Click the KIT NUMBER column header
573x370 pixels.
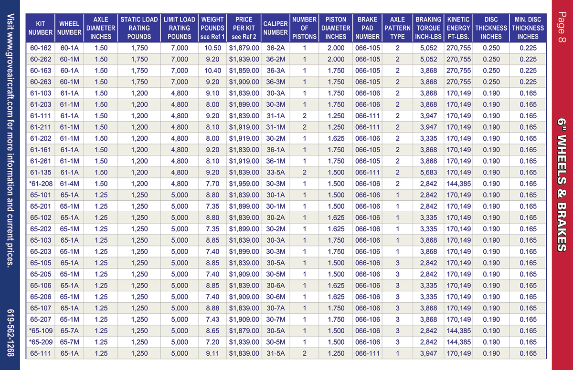[41, 28]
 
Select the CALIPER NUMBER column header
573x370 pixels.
[276, 28]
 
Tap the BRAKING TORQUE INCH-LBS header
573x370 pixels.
[428, 28]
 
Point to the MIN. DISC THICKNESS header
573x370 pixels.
[528, 28]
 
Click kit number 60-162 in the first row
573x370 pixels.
[41, 48]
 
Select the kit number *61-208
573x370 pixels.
[41, 184]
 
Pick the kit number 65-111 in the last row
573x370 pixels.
[41, 353]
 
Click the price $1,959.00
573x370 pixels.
[244, 184]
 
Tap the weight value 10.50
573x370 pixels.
[212, 48]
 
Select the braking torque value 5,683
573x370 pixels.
[428, 172]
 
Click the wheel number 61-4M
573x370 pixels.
[70, 184]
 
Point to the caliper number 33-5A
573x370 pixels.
[276, 172]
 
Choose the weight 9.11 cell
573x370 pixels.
[212, 353]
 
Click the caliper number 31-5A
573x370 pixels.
[276, 353]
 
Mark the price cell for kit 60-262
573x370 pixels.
[244, 59]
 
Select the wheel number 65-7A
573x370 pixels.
[70, 331]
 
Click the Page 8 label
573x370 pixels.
[562, 27]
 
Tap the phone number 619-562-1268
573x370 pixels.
[10, 332]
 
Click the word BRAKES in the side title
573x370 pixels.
[562, 227]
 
